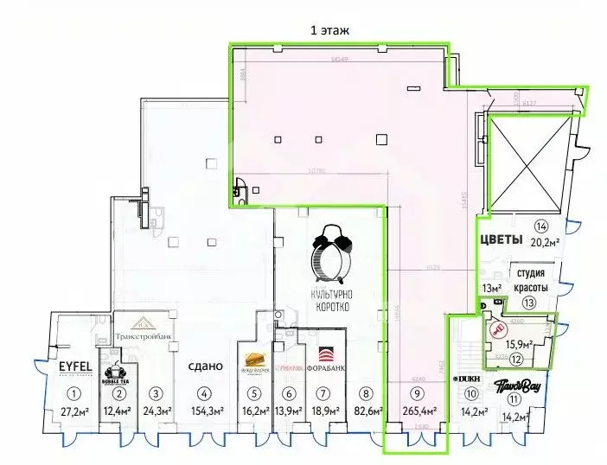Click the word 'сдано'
[x=204, y=366]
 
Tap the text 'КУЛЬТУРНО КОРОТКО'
[x=331, y=300]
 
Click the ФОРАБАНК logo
[x=325, y=356]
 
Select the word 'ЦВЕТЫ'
[x=501, y=239]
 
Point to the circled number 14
[x=541, y=227]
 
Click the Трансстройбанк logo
[x=144, y=328]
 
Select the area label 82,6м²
[x=368, y=411]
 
